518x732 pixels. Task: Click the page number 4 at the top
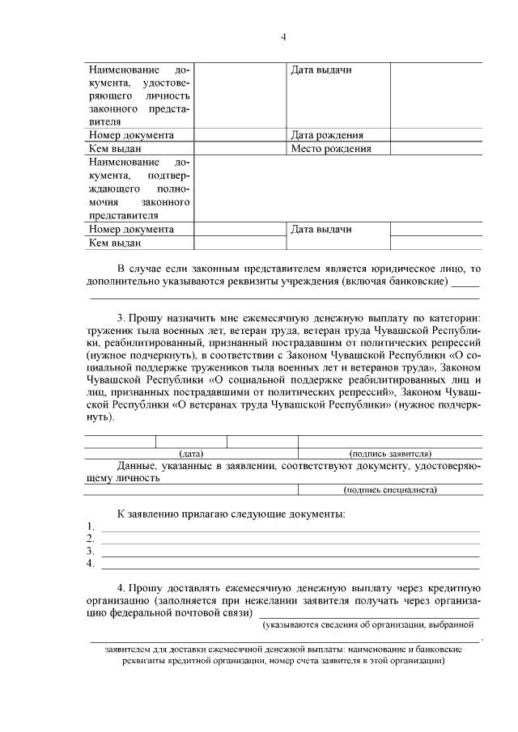click(282, 36)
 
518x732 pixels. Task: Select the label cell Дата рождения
click(326, 136)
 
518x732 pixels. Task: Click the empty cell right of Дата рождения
click(436, 136)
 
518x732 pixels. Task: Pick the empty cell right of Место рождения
click(436, 149)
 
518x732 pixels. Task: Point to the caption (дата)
click(191, 454)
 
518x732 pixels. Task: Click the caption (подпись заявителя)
click(390, 454)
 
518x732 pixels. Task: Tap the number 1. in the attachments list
click(91, 527)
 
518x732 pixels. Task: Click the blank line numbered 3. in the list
click(289, 552)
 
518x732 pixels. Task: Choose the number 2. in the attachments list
click(91, 539)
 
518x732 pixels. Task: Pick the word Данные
click(137, 466)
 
